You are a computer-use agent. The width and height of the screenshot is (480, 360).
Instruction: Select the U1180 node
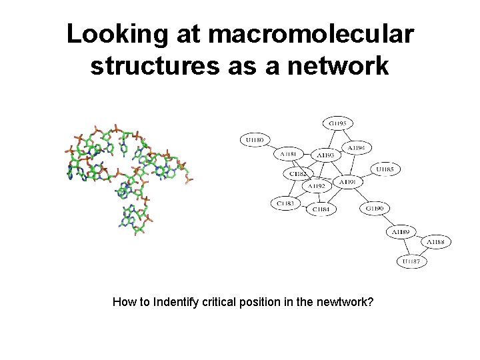pyautogui.click(x=254, y=140)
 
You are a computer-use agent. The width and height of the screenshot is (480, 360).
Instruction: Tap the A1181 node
pyautogui.click(x=288, y=154)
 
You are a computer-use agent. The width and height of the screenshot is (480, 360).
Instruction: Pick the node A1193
pyautogui.click(x=326, y=155)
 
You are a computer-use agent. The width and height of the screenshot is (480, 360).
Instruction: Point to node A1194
pyautogui.click(x=357, y=147)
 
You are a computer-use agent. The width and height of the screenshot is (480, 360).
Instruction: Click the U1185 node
pyautogui.click(x=385, y=169)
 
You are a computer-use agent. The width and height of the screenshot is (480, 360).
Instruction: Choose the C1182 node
pyautogui.click(x=297, y=173)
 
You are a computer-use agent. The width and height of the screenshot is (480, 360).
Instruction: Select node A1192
pyautogui.click(x=317, y=186)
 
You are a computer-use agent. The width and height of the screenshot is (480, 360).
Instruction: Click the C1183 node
pyautogui.click(x=285, y=203)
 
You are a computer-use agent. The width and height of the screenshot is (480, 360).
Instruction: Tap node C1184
pyautogui.click(x=321, y=209)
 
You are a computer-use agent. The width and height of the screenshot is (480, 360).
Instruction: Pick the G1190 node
pyautogui.click(x=375, y=208)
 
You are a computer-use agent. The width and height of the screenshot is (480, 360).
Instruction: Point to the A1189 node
pyautogui.click(x=401, y=231)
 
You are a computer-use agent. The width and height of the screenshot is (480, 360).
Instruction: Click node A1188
pyautogui.click(x=436, y=241)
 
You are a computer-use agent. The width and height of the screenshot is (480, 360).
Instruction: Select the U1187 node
pyautogui.click(x=411, y=261)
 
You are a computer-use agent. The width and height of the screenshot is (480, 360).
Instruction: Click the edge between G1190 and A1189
pyautogui.click(x=387, y=220)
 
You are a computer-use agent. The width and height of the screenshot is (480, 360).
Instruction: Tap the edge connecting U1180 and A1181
pyautogui.click(x=271, y=147)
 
